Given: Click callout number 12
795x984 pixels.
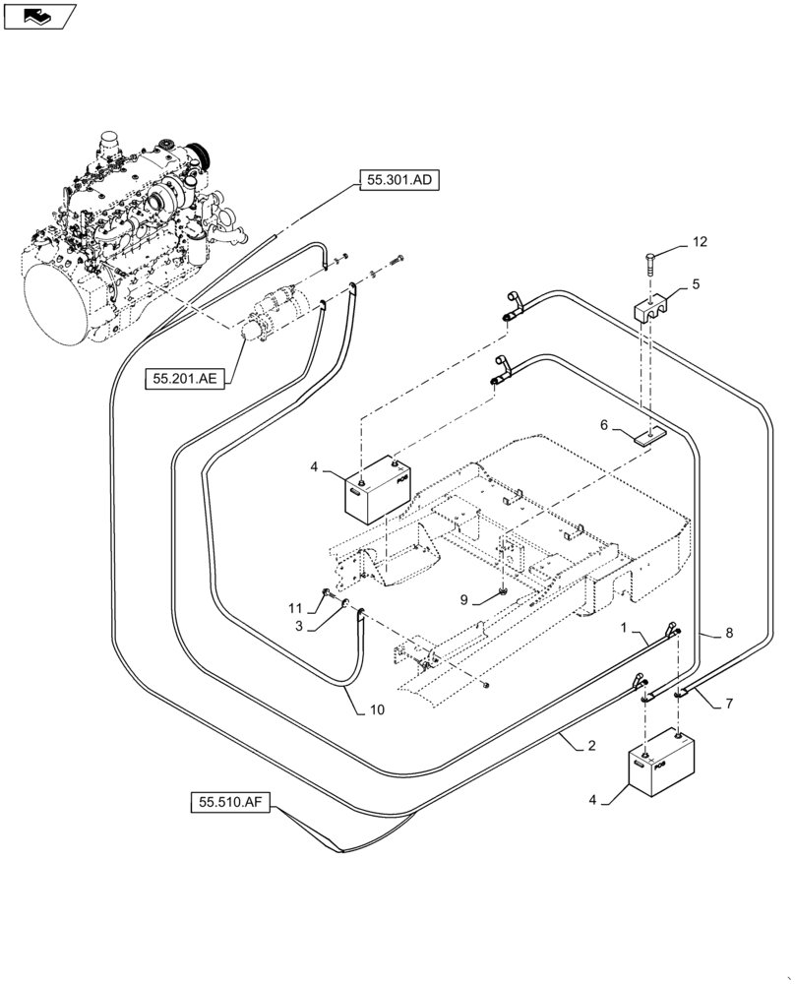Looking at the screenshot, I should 699,241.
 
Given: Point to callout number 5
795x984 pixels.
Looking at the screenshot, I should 696,285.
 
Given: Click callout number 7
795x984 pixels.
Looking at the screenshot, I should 730,705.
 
